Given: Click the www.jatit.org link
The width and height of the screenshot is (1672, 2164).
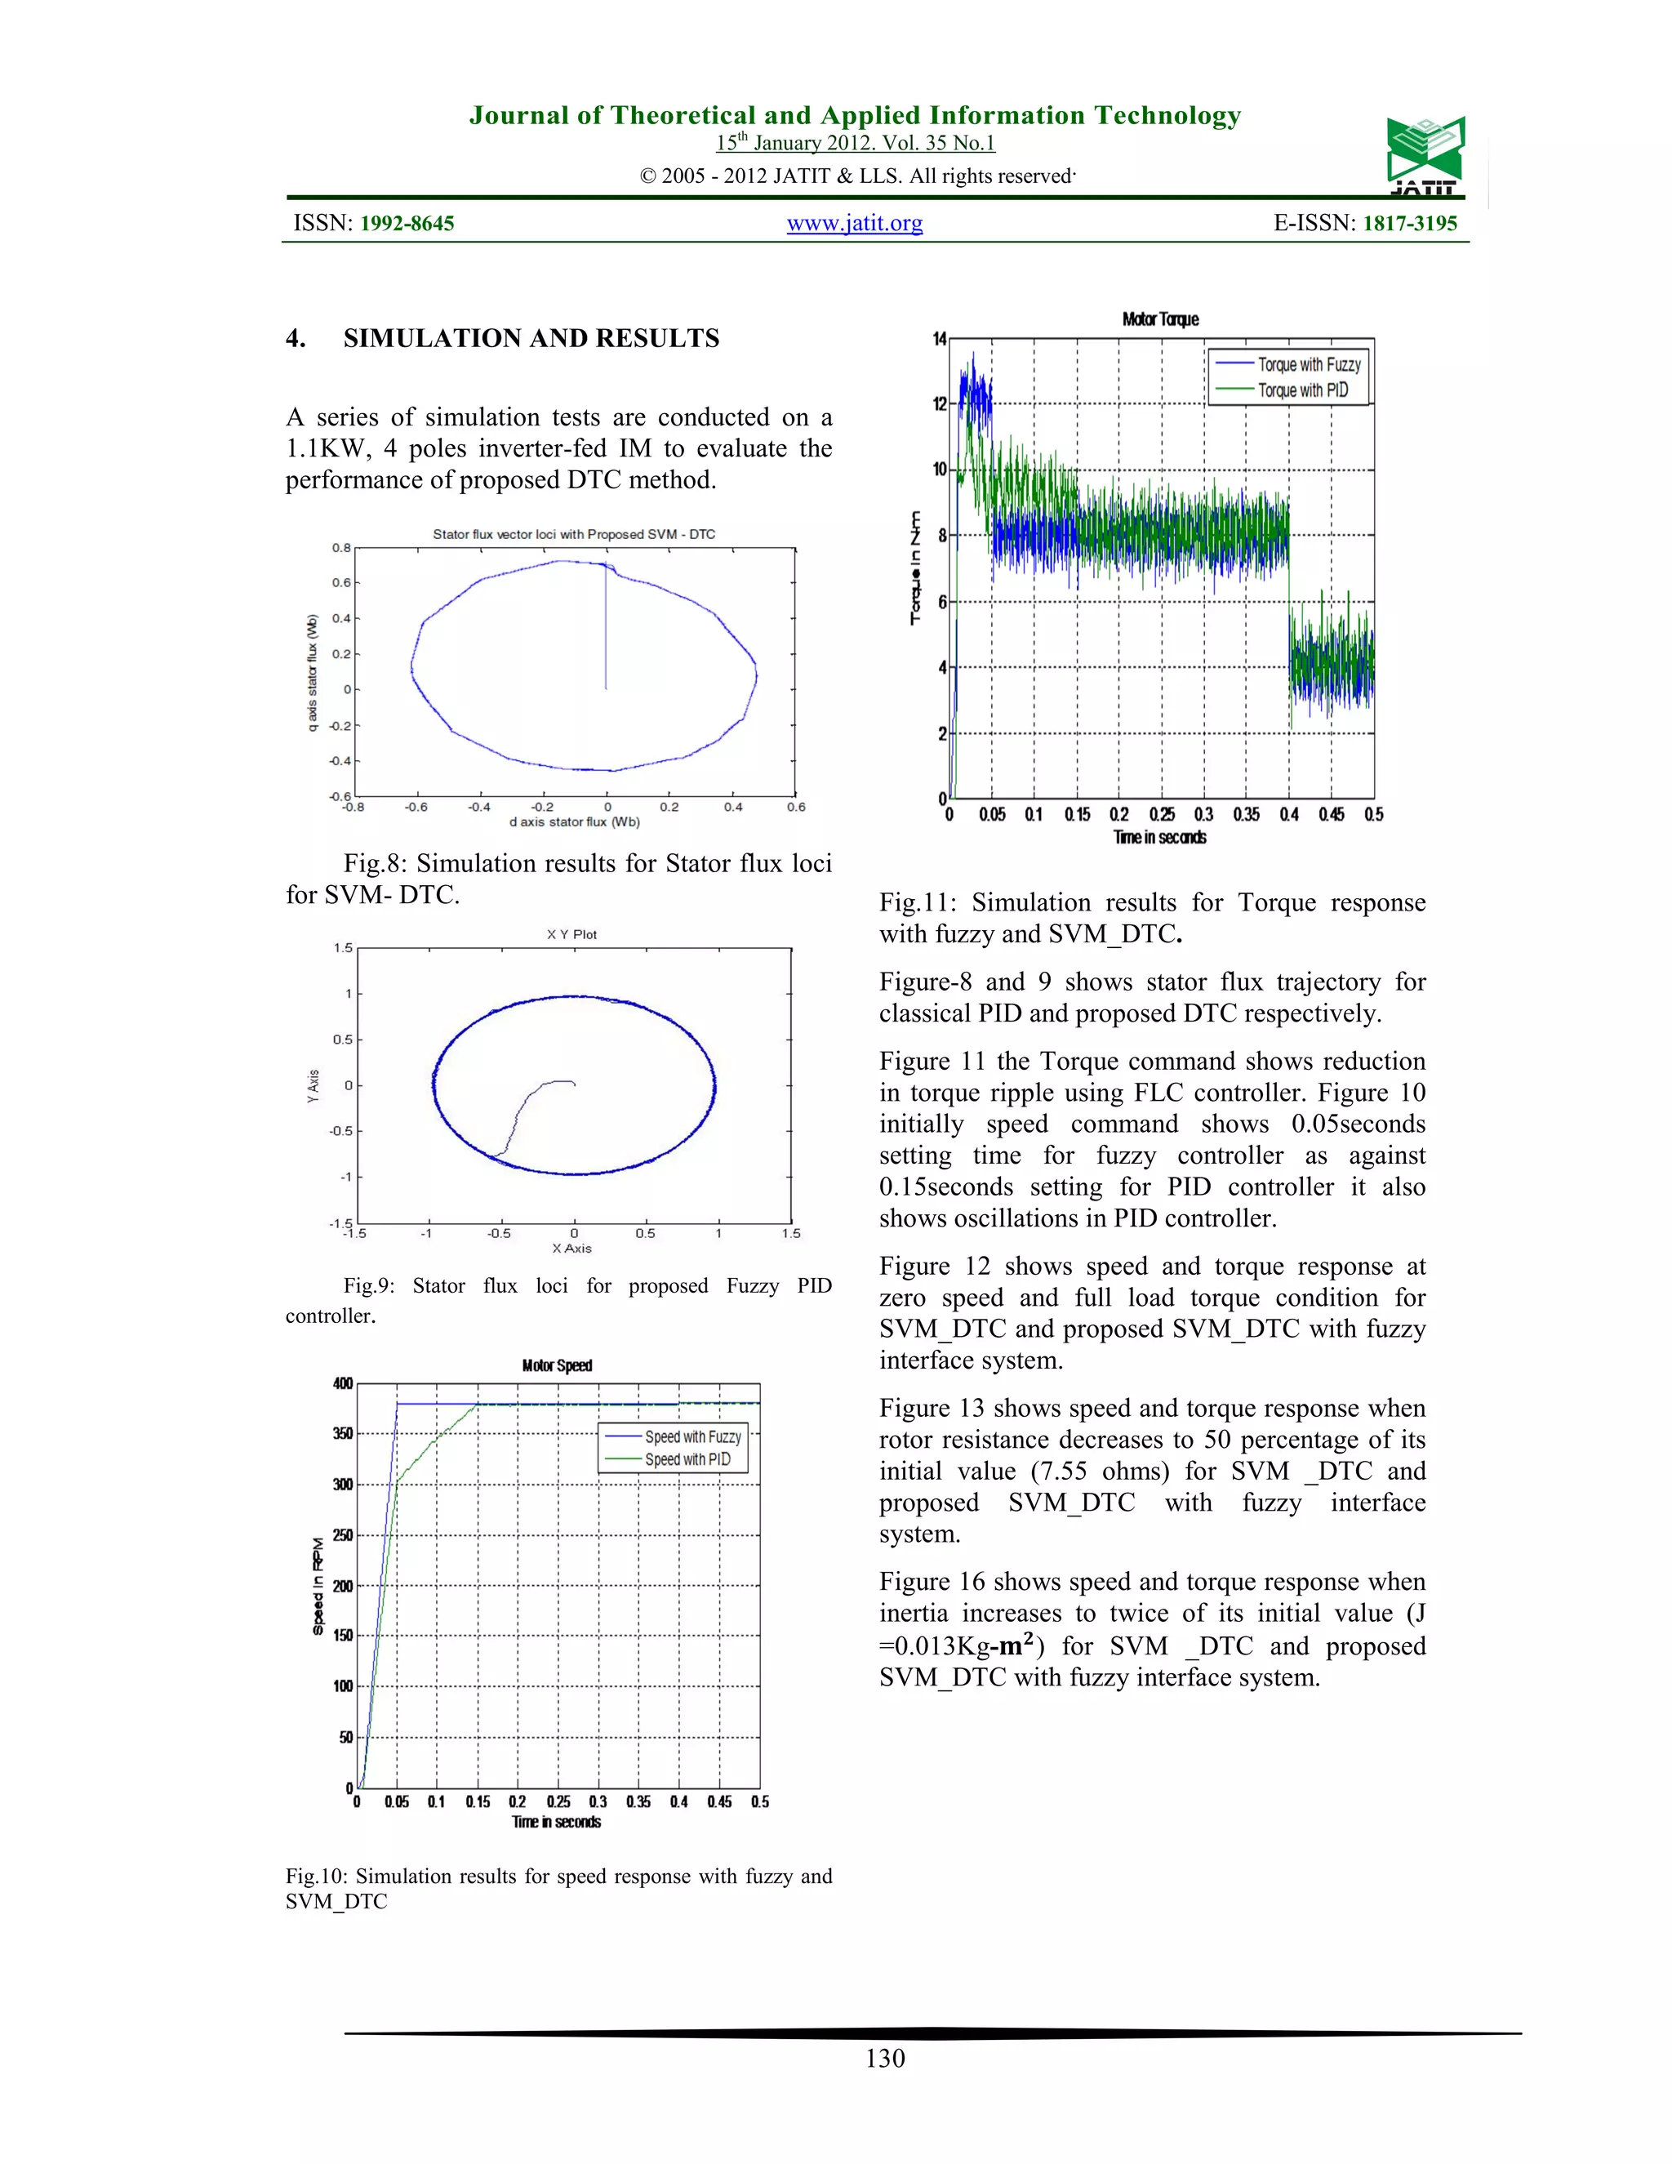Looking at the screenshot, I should point(854,223).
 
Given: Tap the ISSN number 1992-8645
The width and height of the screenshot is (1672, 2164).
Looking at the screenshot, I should point(406,223).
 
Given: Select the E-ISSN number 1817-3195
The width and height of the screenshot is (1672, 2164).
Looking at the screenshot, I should point(1409,223).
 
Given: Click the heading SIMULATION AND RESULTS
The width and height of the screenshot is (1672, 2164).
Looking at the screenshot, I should point(531,338).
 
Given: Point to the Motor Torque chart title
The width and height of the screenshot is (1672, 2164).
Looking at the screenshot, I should point(1160,319).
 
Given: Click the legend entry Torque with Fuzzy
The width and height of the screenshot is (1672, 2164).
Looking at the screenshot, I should point(1309,365).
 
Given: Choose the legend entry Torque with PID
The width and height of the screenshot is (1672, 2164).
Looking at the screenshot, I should point(1302,390).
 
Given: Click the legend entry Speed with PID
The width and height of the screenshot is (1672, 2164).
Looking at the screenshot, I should point(687,1459).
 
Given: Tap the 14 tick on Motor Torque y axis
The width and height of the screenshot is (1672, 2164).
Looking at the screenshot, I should point(939,339).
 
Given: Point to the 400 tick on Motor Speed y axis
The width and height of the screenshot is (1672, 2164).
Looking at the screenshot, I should point(343,1383).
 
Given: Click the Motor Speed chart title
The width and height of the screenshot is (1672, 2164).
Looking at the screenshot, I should point(557,1365).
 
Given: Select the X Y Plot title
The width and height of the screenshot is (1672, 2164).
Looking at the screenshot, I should point(571,934).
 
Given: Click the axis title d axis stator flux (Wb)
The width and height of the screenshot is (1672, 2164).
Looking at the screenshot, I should point(575,822).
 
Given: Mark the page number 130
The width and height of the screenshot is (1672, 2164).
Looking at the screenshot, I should point(884,2058).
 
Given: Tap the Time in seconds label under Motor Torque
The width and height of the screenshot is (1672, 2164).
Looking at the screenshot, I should point(1160,837).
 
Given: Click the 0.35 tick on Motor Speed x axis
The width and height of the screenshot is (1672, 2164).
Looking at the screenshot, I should point(638,1801).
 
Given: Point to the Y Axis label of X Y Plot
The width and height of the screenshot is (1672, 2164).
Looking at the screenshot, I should point(313,1086).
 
